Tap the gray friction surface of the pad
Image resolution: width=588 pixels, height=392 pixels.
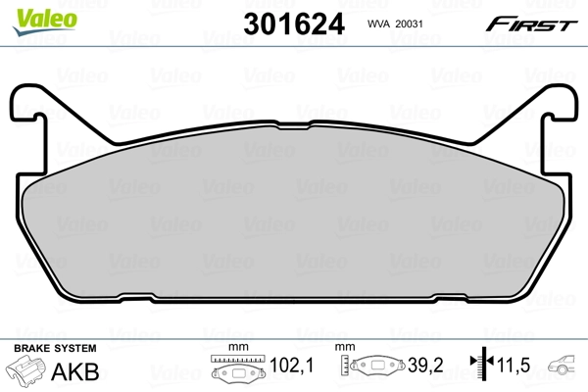click(x=294, y=225)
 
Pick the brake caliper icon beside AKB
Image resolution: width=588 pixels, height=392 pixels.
click(x=28, y=371)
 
